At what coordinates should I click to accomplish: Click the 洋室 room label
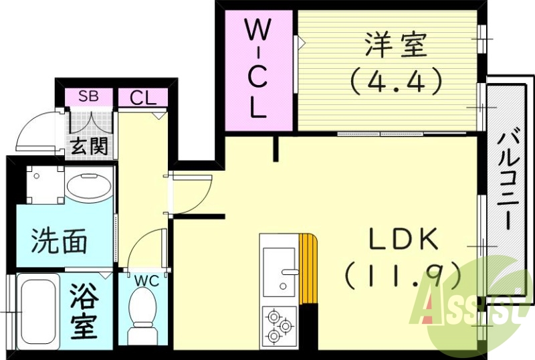click(x=395, y=47)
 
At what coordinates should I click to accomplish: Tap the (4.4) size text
click(x=395, y=81)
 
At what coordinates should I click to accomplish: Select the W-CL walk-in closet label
click(x=259, y=67)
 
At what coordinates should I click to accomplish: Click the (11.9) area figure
click(x=402, y=274)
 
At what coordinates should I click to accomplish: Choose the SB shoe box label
click(x=88, y=96)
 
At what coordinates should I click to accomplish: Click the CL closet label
click(x=142, y=98)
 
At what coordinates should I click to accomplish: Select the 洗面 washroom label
click(x=60, y=241)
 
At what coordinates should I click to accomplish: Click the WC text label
click(x=146, y=281)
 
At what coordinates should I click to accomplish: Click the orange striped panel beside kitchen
click(x=308, y=268)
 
